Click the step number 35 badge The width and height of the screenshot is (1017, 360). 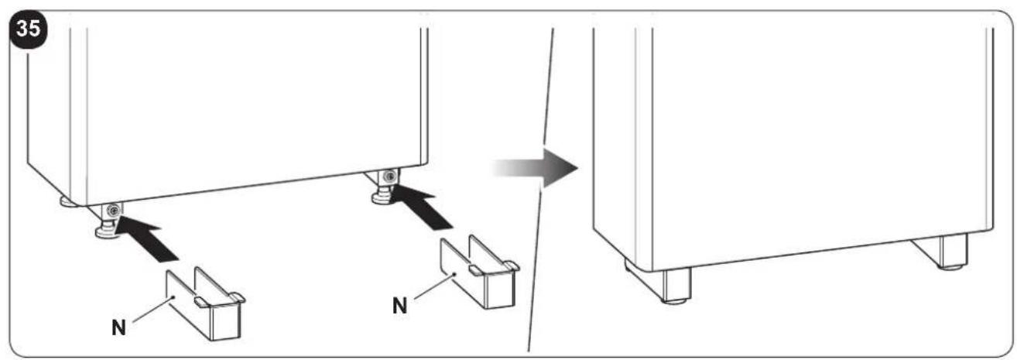point(28,29)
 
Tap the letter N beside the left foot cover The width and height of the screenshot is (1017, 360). point(119,327)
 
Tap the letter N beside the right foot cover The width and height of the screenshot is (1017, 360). point(399,306)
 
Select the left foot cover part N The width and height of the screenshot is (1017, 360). point(205,303)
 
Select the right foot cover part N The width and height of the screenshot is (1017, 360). point(480,272)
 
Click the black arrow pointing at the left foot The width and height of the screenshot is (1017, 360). point(146,238)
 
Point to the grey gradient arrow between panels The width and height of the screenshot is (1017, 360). point(536,167)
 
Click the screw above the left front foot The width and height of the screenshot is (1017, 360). point(112,210)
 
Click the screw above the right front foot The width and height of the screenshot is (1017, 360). point(389,176)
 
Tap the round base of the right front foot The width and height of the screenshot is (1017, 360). point(382,198)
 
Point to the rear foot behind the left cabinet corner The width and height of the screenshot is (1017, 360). point(67,201)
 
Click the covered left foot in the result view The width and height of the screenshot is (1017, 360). point(676,285)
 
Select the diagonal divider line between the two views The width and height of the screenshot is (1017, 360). point(540,190)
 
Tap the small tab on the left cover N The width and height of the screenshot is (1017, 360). point(202,301)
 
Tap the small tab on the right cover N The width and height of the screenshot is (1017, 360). point(476,270)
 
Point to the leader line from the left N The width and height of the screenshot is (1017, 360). point(152,310)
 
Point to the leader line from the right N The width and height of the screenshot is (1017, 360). point(434,286)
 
